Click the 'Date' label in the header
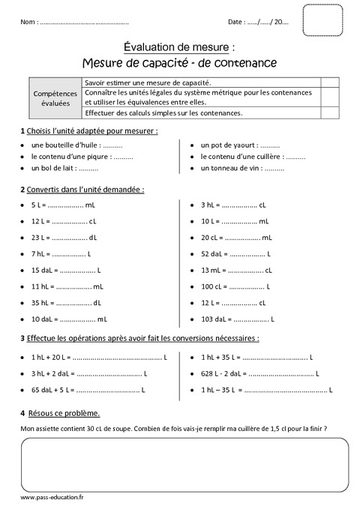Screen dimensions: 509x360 click(x=236, y=23)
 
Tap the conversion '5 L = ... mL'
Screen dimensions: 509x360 click(x=63, y=204)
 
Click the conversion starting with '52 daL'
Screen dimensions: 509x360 click(x=235, y=253)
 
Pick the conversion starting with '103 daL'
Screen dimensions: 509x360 click(x=238, y=319)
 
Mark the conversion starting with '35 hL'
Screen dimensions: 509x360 click(x=66, y=303)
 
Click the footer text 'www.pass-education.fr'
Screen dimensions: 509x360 click(x=52, y=497)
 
